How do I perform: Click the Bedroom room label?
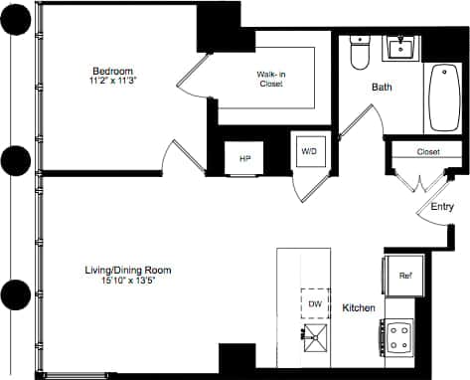pyautogui.click(x=113, y=71)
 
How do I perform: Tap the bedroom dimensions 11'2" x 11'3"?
pyautogui.click(x=113, y=82)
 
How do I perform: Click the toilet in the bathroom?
pyautogui.click(x=361, y=53)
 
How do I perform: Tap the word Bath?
pyautogui.click(x=382, y=88)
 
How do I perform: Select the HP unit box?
pyautogui.click(x=244, y=157)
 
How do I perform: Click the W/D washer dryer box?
pyautogui.click(x=308, y=151)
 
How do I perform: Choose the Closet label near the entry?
pyautogui.click(x=428, y=151)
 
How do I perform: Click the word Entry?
pyautogui.click(x=442, y=207)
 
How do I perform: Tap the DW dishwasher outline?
pyautogui.click(x=314, y=302)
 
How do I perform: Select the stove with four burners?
pyautogui.click(x=400, y=336)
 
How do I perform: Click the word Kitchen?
pyautogui.click(x=359, y=308)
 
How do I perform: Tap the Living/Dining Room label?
pyautogui.click(x=129, y=270)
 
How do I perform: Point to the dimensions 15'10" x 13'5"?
pyautogui.click(x=129, y=281)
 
